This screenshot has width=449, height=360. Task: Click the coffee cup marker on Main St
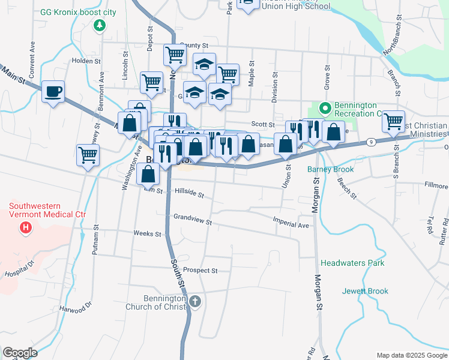pos(53,92)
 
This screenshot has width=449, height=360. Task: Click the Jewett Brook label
pos(365,291)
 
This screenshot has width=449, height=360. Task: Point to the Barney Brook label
pos(330,169)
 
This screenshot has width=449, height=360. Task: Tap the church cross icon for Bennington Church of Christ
pos(194,301)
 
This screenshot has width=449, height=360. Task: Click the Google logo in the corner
pos(20,353)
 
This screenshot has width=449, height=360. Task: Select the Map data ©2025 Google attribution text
pos(411,355)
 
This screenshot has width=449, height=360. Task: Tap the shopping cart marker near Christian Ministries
pos(393,121)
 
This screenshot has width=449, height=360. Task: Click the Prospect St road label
pos(200,271)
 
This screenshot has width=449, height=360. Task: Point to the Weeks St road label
pos(147,233)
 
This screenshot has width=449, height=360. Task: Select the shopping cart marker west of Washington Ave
pos(88,155)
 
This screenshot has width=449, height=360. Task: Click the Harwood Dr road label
pos(75,307)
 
